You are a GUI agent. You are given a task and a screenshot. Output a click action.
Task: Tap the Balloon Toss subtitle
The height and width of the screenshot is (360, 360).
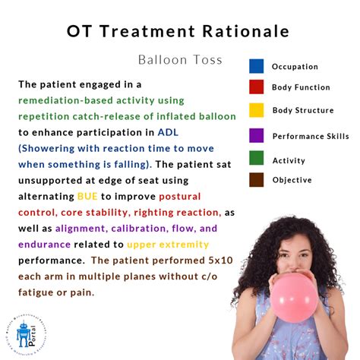pos(181,59)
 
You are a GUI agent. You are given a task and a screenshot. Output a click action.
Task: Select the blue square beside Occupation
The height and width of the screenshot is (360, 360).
pos(256,66)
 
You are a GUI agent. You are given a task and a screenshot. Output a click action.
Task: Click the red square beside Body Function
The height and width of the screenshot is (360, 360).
pos(256,87)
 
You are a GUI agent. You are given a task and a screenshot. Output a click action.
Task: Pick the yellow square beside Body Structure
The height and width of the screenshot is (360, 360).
pos(256,110)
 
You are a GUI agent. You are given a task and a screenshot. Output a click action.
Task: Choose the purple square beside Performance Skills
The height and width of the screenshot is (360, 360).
pos(256,136)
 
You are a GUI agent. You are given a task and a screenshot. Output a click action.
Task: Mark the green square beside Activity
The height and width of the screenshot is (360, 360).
pos(256,160)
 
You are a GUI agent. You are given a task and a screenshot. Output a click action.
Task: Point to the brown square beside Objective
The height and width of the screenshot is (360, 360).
pos(256,180)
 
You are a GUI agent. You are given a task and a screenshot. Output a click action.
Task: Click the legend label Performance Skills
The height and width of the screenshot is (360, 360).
pos(310,136)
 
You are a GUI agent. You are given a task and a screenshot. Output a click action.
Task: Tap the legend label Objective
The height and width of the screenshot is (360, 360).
pos(292,180)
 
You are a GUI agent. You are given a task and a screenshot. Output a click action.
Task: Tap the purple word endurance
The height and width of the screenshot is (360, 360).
pos(46,244)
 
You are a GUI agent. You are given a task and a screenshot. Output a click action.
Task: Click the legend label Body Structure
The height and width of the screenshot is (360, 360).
pos(302,110)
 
